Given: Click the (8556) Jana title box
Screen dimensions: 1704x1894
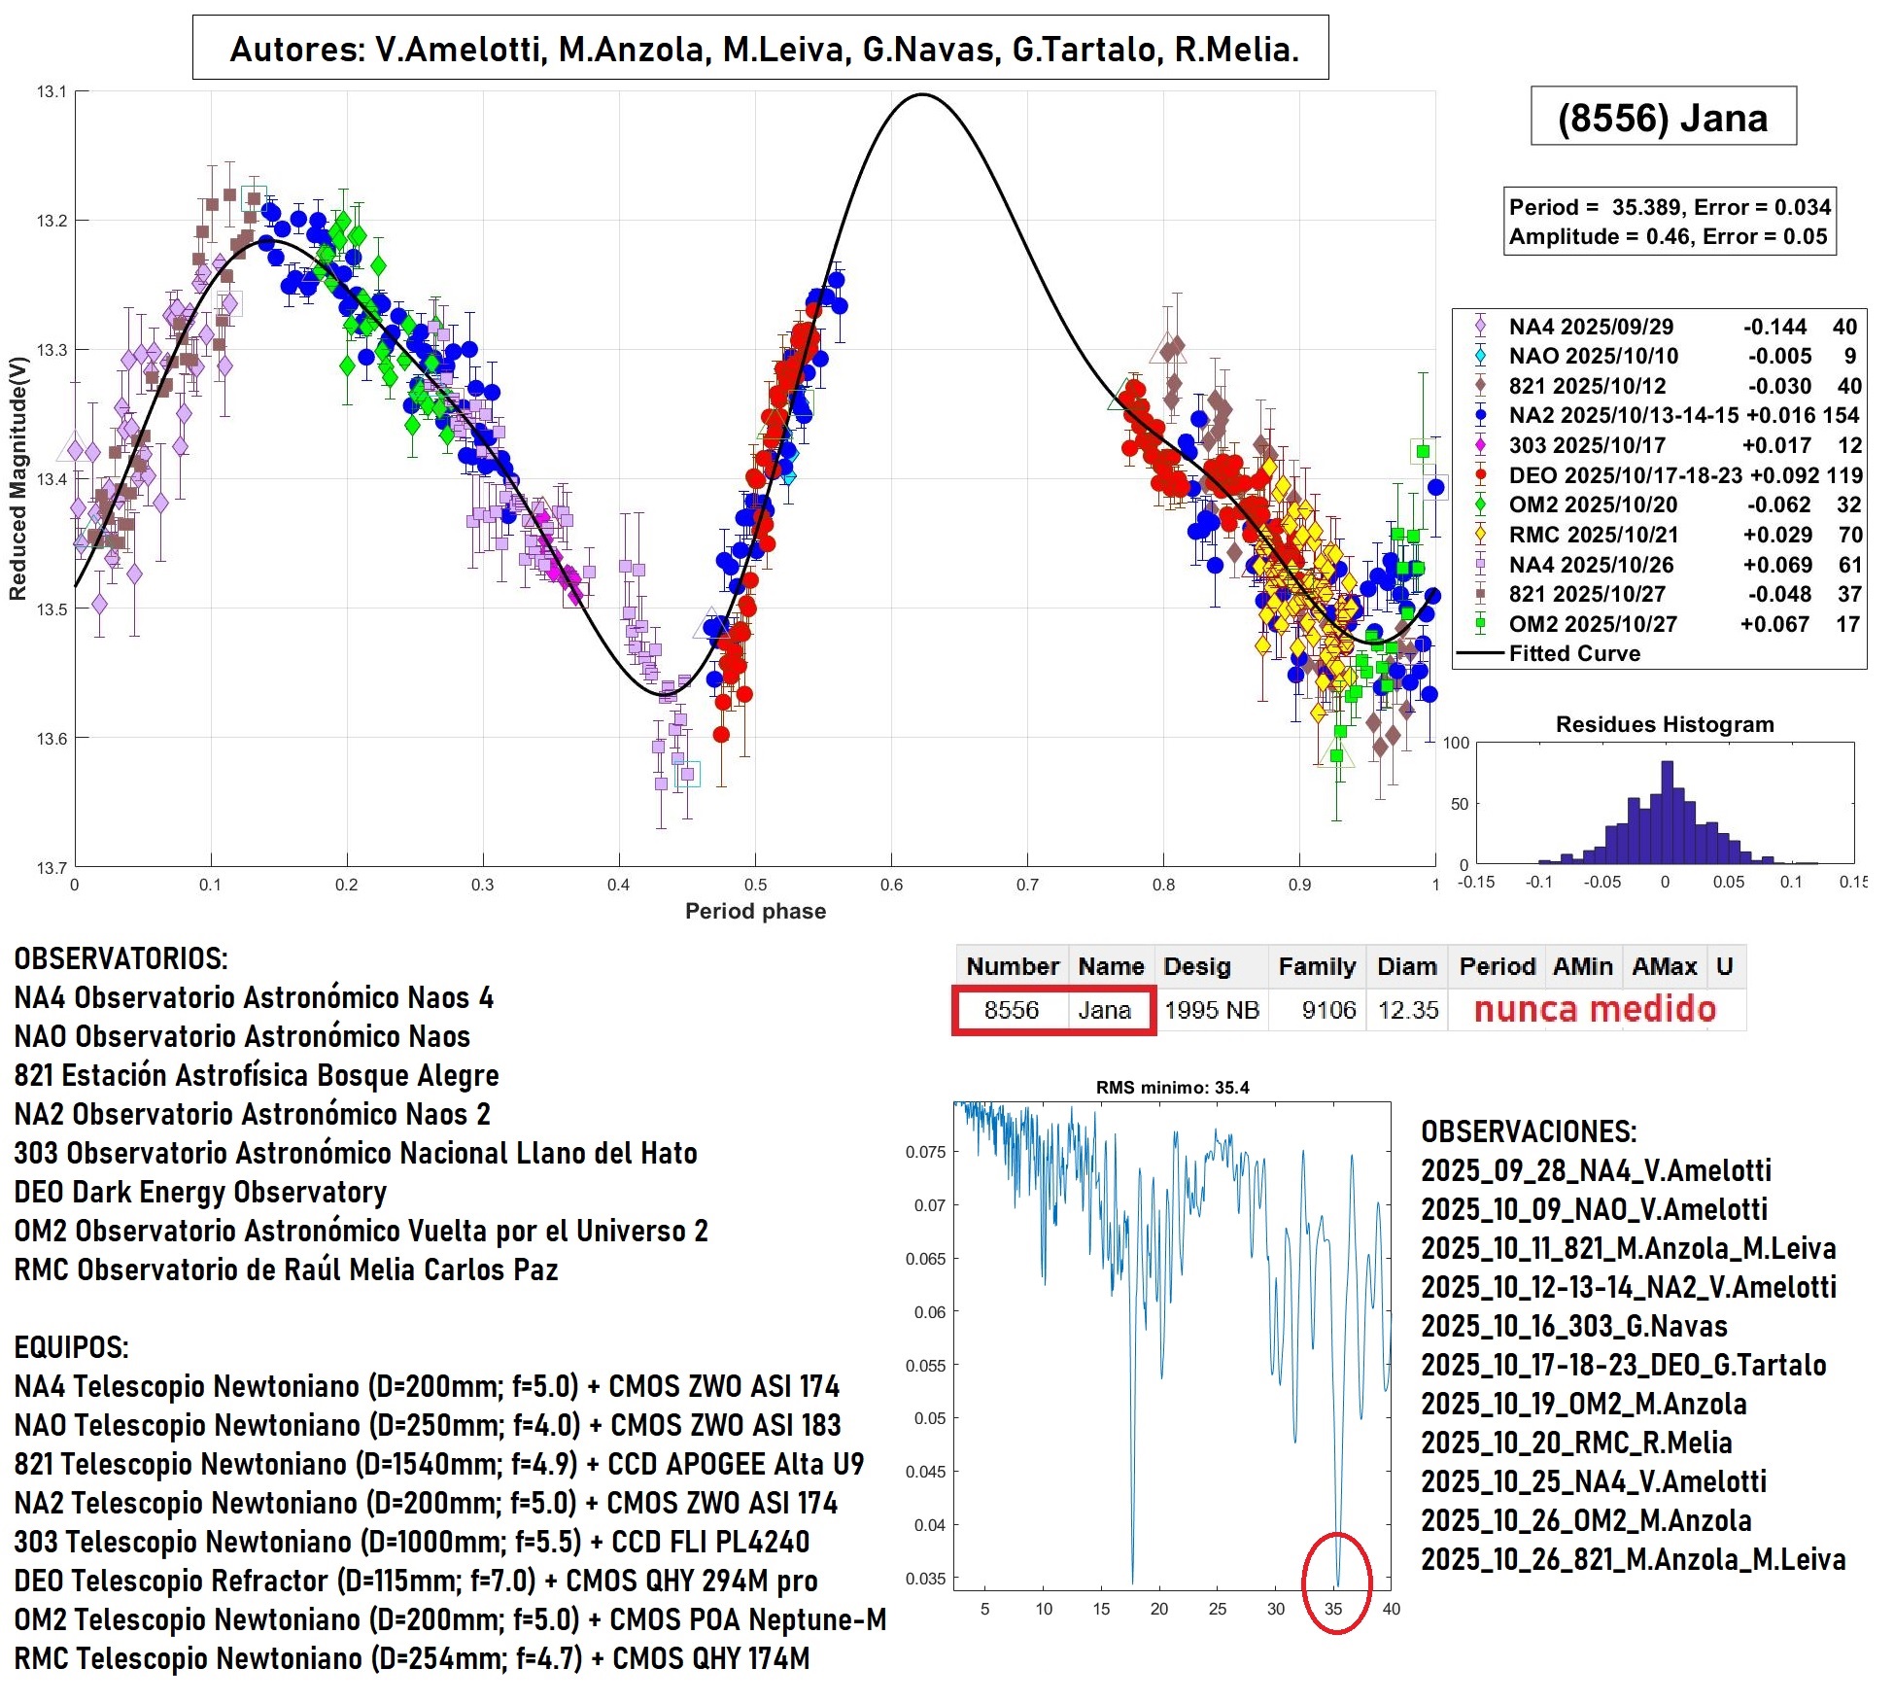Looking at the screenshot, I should tap(1662, 118).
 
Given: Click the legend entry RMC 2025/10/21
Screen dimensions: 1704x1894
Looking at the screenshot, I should tap(1593, 535).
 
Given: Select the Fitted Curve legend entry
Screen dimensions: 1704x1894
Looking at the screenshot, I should tap(1573, 653).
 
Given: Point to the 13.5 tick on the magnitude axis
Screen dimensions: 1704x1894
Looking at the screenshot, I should tap(52, 609).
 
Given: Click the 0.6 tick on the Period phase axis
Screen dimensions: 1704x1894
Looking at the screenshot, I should tap(891, 885).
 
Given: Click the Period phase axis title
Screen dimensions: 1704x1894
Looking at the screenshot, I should tap(755, 911).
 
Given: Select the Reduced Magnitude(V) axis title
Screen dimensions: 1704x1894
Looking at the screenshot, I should tap(17, 478).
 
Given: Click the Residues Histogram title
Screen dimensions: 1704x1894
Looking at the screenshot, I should tap(1664, 724).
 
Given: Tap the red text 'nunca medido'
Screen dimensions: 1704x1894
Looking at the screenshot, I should tap(1595, 1009).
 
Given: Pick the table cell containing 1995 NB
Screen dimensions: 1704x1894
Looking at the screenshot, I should tap(1211, 1010).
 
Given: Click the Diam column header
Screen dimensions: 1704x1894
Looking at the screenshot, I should tap(1406, 966).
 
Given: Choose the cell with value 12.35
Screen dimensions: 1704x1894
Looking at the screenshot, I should tap(1407, 1010).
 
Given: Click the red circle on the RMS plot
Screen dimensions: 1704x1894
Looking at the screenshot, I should tap(1336, 1582).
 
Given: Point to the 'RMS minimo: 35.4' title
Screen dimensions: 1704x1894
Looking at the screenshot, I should tap(1172, 1087).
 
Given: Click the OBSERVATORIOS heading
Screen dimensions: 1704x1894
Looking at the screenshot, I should tap(121, 958).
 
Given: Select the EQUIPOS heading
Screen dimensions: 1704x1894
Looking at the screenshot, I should tap(71, 1347).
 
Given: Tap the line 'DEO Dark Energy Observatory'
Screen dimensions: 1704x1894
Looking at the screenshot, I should tap(200, 1192).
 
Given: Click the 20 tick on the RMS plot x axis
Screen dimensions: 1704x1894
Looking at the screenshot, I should tap(1158, 1609).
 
